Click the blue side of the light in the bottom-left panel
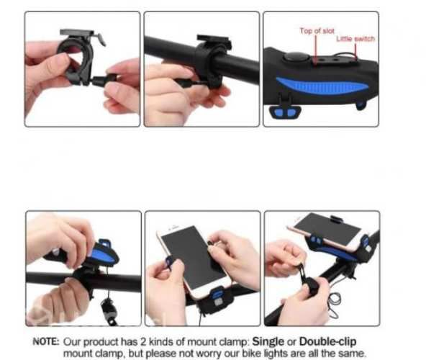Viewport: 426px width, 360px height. (x=102, y=253)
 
